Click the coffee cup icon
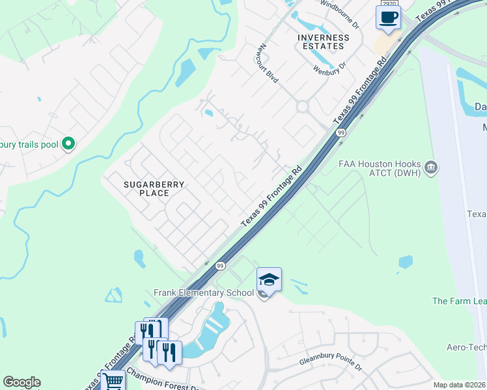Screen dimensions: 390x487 (x=388, y=18)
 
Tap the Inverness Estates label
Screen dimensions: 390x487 (x=324, y=42)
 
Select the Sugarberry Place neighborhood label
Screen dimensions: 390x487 (x=154, y=188)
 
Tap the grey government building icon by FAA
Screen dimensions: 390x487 (x=430, y=168)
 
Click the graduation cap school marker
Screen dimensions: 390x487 (x=269, y=279)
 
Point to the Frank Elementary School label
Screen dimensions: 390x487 (x=203, y=293)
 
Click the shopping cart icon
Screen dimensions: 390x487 (x=113, y=381)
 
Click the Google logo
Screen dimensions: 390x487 (x=21, y=382)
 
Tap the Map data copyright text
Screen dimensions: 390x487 (x=459, y=385)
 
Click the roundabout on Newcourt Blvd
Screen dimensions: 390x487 (x=302, y=106)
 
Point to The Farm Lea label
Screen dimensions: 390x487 (x=459, y=301)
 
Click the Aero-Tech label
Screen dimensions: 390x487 (x=466, y=348)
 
